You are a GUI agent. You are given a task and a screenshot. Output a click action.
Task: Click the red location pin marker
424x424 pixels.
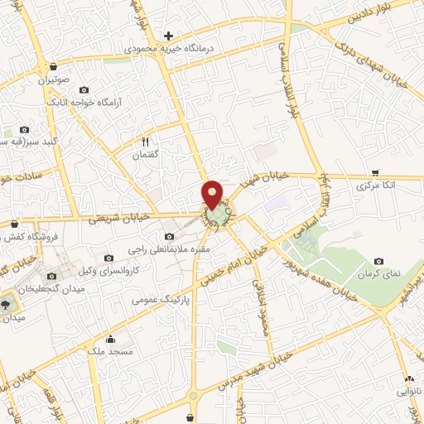coord(213,194)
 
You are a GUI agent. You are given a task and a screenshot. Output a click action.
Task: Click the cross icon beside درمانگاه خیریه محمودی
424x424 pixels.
coord(168,36)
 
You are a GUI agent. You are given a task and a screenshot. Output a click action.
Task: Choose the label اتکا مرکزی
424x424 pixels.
coord(376,186)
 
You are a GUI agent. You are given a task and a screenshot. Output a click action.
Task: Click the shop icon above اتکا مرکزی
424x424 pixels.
coord(376,173)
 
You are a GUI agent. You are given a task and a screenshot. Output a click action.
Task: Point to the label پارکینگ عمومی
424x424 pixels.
coord(161,299)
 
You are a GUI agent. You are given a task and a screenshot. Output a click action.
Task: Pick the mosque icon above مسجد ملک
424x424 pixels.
coord(111,339)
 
